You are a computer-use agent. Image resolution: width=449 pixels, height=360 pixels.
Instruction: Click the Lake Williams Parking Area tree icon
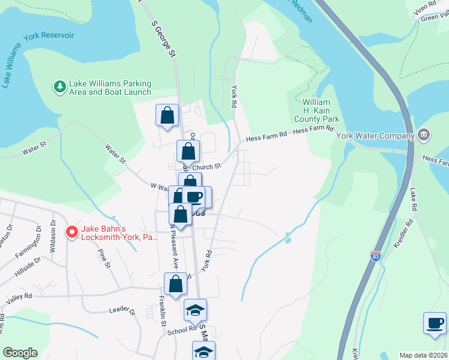click(x=59, y=88)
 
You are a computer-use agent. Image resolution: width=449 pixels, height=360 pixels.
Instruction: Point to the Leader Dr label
click(x=122, y=310)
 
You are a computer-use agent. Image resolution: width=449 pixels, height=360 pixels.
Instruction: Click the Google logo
click(x=20, y=353)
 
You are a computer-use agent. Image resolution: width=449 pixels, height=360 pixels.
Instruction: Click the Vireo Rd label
click(x=424, y=8)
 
